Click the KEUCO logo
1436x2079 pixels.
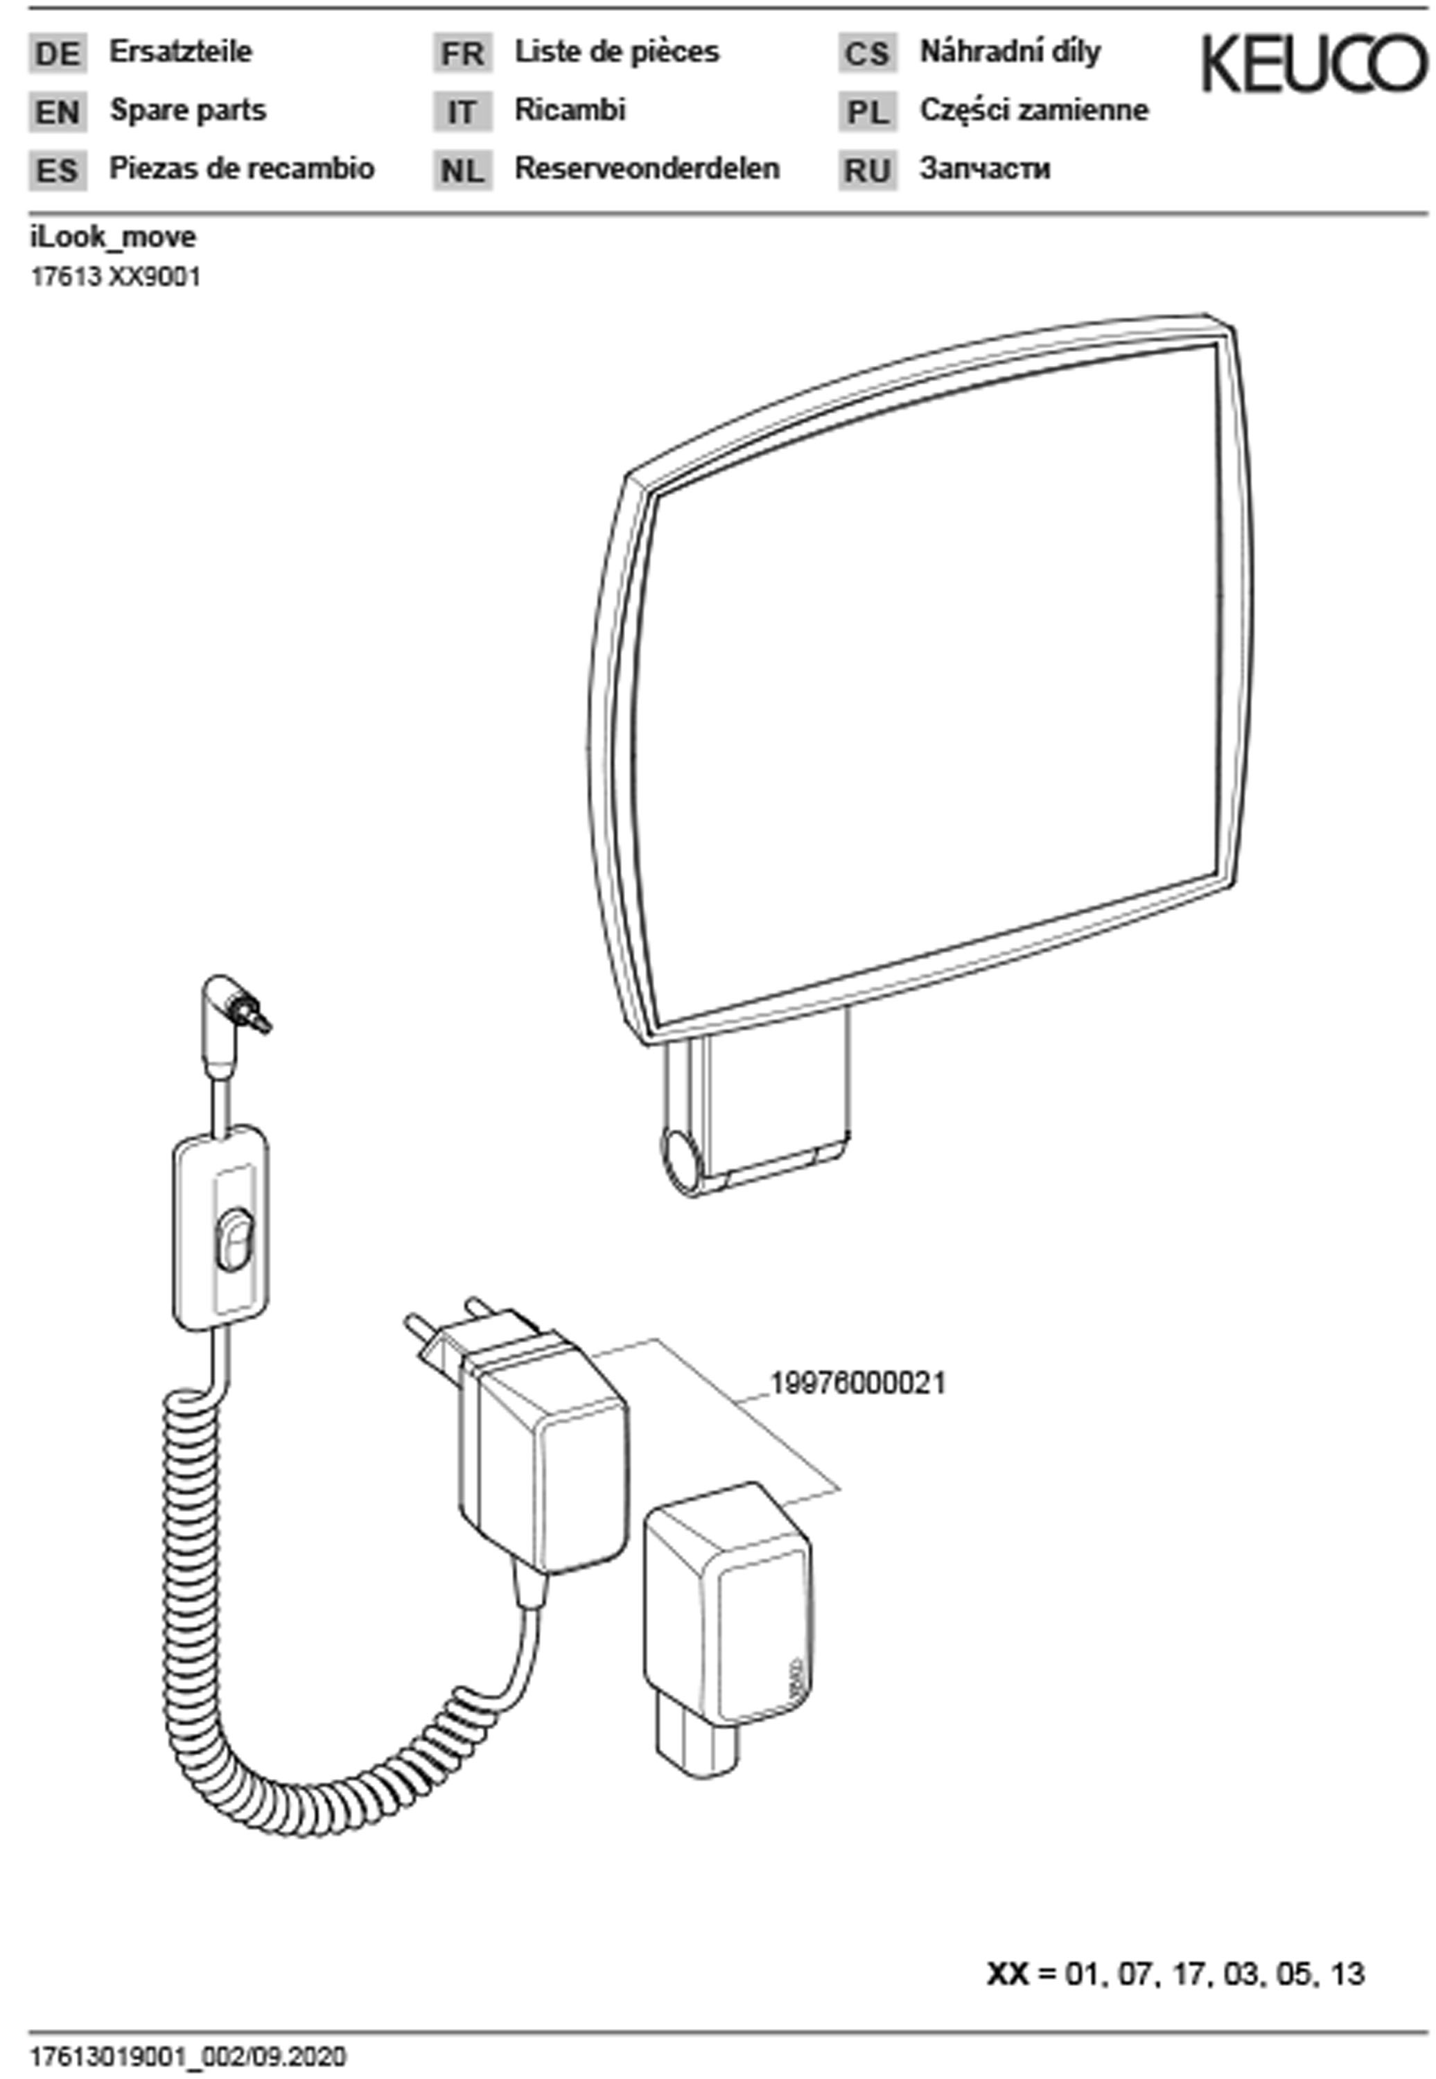[1315, 63]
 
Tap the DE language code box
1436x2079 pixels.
[58, 54]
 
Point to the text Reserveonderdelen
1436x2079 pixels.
[647, 168]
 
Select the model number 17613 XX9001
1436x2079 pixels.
[116, 277]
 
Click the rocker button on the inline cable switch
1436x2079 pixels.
[234, 1241]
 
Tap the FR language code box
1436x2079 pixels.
[462, 54]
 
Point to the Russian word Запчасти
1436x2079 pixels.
[984, 168]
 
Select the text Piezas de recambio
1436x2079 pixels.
[242, 168]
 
